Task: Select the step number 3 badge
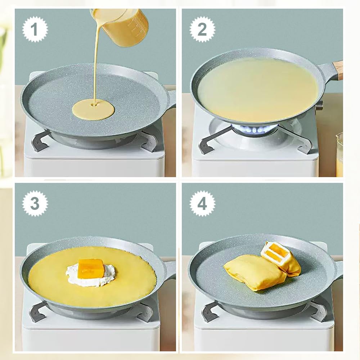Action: click(x=35, y=204)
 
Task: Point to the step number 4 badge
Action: click(x=202, y=204)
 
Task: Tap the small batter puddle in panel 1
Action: click(x=93, y=109)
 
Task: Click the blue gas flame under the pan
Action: click(x=254, y=129)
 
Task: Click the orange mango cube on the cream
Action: click(x=90, y=269)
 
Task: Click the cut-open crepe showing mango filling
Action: click(x=281, y=258)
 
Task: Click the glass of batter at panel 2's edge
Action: click(x=339, y=155)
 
